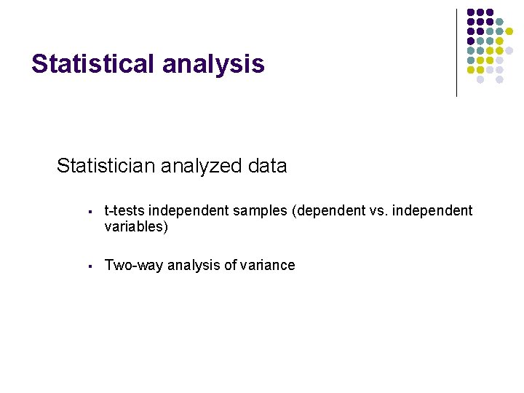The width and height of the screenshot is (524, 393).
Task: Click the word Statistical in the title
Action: tap(94, 64)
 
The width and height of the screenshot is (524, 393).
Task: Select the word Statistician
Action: tap(106, 166)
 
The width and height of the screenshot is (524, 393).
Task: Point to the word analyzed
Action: tap(201, 166)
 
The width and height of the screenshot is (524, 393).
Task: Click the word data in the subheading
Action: tap(267, 166)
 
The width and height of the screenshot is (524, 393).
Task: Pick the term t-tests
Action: tap(124, 211)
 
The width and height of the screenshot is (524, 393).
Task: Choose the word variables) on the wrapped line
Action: tap(136, 227)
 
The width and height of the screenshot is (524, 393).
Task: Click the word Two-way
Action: tap(134, 266)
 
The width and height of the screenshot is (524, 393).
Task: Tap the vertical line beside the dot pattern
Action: tap(457, 52)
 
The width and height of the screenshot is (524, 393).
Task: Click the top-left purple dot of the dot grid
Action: tap(471, 12)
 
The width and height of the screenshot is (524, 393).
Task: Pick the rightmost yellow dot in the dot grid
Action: tap(509, 31)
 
